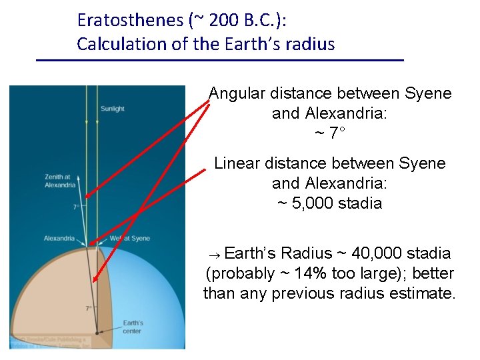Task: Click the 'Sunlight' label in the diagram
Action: [x=112, y=109]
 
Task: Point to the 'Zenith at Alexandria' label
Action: [x=60, y=181]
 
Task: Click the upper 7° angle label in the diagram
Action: [x=77, y=207]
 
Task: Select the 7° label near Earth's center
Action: [x=89, y=308]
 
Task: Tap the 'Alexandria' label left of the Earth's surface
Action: [x=59, y=238]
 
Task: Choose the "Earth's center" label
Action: [x=132, y=327]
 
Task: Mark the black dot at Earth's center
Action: [x=97, y=331]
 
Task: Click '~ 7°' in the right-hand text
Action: [x=330, y=133]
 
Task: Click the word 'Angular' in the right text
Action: [x=238, y=93]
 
